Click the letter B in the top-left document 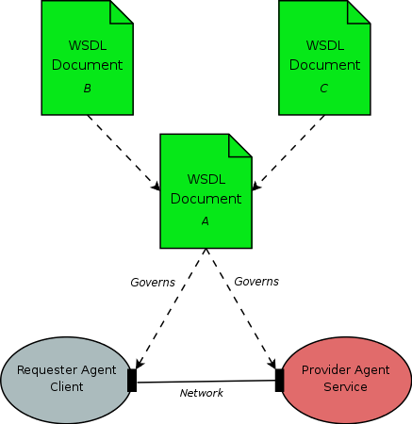coord(87,89)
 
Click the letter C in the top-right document coord(324,89)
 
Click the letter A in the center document coord(206,220)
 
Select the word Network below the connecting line coord(202,393)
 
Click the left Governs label coord(153,282)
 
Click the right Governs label coord(256,281)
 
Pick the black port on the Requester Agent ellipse coord(132,381)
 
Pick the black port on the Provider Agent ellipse coord(279,380)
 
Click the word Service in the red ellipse coord(347,387)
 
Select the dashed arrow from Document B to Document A coord(123,151)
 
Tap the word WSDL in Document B coord(87,45)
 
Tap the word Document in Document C coord(324,65)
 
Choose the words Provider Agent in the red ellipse coord(347,369)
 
